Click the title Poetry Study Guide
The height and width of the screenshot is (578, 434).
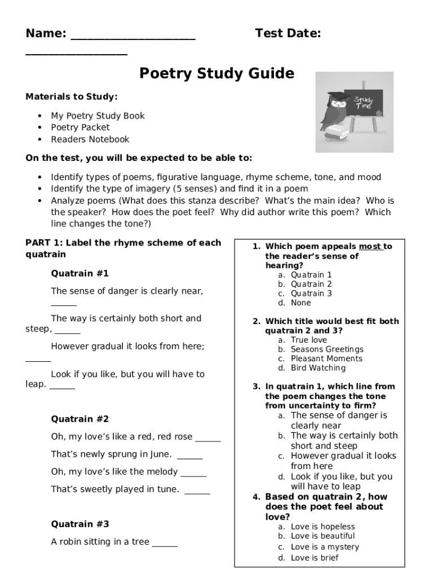point(216,74)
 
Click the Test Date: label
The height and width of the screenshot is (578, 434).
point(288,34)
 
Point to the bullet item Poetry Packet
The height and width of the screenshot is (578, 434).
point(80,128)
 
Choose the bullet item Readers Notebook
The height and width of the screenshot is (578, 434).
point(90,139)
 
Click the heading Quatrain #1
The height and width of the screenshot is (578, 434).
point(79,274)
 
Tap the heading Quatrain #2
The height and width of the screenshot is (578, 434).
point(79,419)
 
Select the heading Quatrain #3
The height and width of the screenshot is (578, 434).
point(79,524)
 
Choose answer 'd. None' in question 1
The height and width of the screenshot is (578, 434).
point(300,303)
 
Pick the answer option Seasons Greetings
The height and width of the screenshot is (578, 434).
point(327,349)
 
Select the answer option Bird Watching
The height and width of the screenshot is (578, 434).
point(318,368)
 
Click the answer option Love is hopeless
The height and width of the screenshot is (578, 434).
point(323,527)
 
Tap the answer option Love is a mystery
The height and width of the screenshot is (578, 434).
point(325,547)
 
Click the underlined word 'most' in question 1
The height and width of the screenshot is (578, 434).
point(370,247)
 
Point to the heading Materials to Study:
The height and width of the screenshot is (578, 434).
point(72,97)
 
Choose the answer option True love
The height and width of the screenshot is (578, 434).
point(308,340)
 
